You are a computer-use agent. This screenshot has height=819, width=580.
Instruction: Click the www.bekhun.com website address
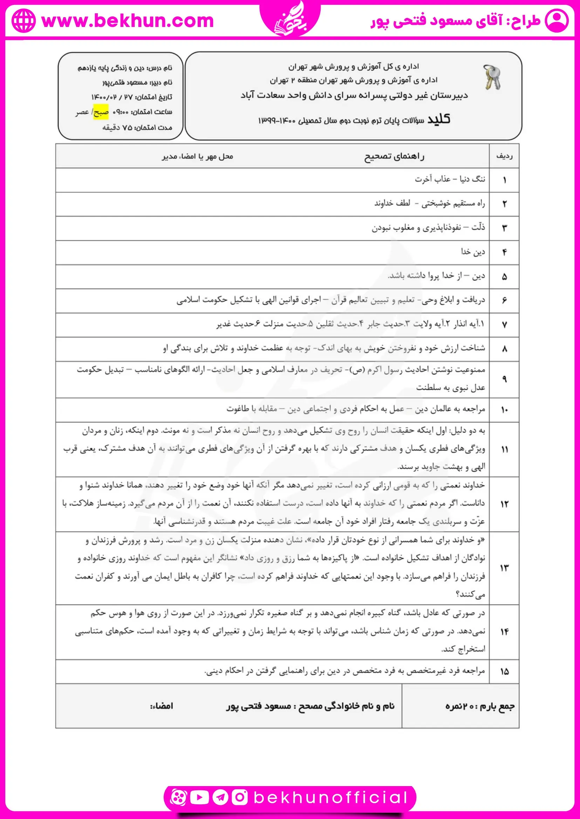(x=128, y=21)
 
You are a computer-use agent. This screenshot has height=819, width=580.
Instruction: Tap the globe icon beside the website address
(x=23, y=21)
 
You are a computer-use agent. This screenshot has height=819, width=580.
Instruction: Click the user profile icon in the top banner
(x=557, y=21)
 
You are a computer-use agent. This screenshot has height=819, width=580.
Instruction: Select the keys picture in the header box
(x=492, y=77)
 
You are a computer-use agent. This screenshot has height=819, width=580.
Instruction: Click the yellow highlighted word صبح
(x=101, y=112)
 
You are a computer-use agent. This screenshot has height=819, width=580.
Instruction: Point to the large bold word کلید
(x=439, y=119)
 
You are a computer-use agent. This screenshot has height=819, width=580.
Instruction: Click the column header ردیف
(x=504, y=156)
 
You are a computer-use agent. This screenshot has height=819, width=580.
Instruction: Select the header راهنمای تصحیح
(x=394, y=156)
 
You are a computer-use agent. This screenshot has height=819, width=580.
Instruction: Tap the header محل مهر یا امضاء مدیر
(x=198, y=156)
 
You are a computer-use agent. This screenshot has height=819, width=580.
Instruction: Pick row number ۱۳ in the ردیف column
(x=504, y=568)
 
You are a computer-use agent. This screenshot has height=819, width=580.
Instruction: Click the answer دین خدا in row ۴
(x=473, y=252)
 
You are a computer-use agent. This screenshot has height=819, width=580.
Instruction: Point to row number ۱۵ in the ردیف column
(x=504, y=672)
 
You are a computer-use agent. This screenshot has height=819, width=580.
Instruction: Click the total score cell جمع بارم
(x=480, y=706)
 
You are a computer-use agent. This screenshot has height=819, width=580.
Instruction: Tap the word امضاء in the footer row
(x=162, y=706)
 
